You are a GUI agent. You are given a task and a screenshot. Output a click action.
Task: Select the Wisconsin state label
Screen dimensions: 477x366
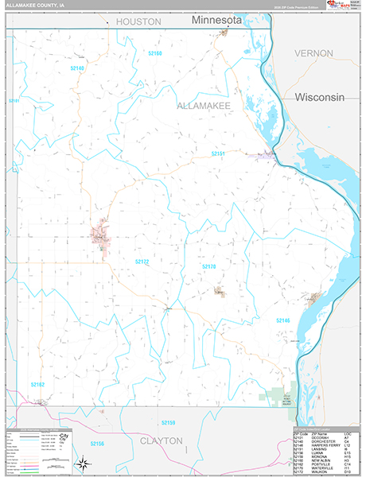[319, 97]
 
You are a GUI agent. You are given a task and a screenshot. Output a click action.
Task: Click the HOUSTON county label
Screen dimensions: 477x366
[138, 22]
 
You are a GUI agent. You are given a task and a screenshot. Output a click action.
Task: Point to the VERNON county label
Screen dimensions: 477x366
[313, 52]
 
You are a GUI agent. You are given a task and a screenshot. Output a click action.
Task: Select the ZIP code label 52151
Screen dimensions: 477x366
[218, 153]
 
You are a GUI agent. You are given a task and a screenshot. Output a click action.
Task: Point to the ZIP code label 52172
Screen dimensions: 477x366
[141, 261]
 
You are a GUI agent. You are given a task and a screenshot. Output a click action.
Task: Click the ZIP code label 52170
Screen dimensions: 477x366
[208, 266]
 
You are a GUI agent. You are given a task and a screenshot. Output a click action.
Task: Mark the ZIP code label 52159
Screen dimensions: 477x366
[167, 422]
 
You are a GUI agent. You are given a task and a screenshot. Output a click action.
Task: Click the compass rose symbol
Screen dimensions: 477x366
[82, 463]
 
